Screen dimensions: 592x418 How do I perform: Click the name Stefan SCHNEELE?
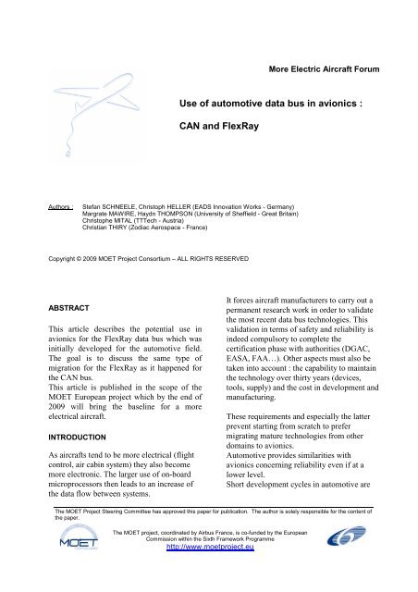114,198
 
